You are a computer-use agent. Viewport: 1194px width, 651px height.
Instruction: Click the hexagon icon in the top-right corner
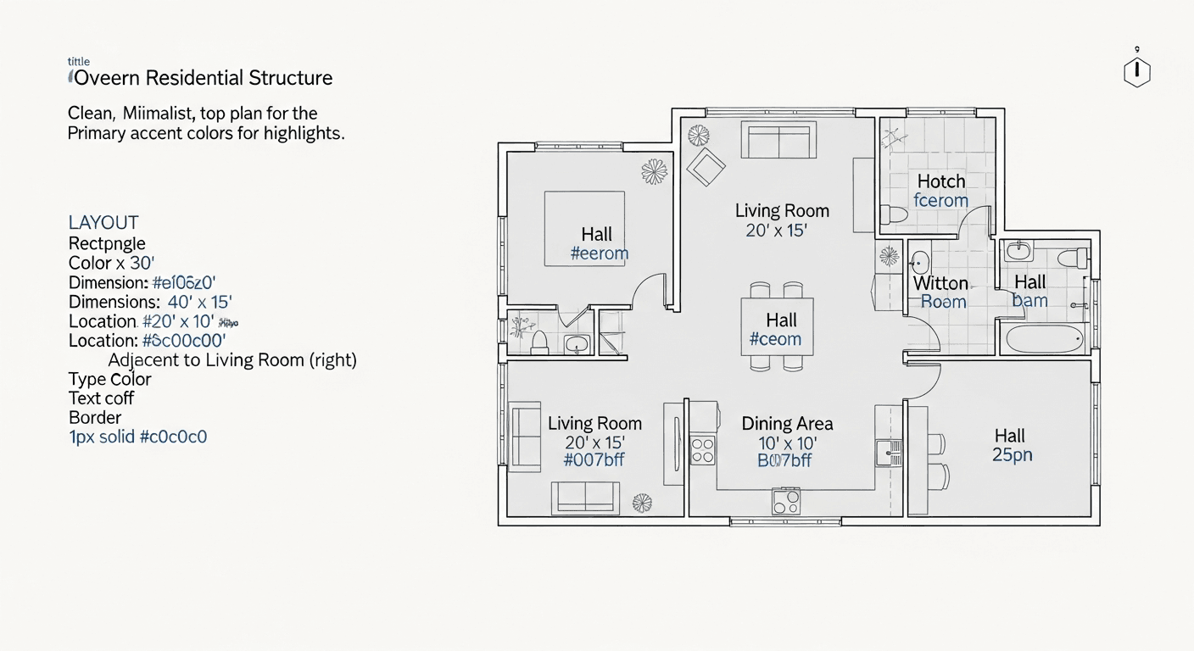tap(1136, 73)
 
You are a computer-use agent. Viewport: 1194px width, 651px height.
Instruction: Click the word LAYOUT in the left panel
tap(103, 223)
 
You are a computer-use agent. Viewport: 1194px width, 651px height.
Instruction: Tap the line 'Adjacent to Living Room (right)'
tap(232, 360)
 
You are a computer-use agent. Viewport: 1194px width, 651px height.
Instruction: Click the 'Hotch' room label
tap(941, 181)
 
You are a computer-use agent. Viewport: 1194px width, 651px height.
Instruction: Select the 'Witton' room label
tap(940, 283)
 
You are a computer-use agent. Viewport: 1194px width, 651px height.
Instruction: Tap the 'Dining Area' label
tap(787, 424)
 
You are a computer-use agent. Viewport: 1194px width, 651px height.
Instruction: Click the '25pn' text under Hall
tap(1012, 455)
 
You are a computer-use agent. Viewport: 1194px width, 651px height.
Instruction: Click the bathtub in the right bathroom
tap(1045, 339)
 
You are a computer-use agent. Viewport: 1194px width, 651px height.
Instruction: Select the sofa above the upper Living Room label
tap(778, 140)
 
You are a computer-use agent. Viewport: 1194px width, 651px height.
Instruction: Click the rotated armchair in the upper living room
tap(706, 167)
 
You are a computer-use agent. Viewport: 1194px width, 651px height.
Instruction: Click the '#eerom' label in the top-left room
tap(600, 253)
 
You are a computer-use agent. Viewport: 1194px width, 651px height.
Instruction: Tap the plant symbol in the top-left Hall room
tap(654, 172)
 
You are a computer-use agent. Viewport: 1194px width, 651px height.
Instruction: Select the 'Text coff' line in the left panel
tap(101, 398)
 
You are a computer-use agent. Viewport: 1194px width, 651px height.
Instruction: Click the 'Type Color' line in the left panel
tap(110, 380)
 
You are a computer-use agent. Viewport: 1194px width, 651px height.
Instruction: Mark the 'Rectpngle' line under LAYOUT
tap(107, 244)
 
